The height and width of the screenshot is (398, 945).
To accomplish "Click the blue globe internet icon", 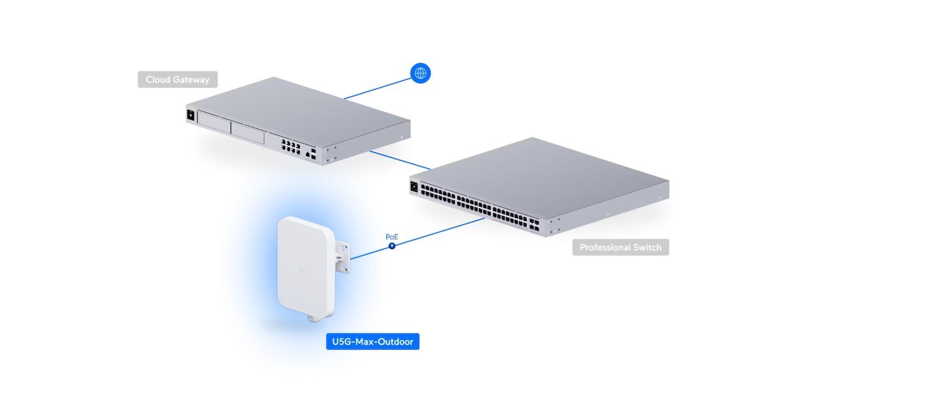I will pyautogui.click(x=420, y=73).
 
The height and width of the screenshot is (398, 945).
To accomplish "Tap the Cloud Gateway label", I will pyautogui.click(x=178, y=79).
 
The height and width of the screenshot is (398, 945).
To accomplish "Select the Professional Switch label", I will pyautogui.click(x=621, y=247).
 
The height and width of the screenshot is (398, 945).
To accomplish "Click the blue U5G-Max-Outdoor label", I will pyautogui.click(x=373, y=342).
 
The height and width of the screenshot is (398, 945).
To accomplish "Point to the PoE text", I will pyautogui.click(x=392, y=237).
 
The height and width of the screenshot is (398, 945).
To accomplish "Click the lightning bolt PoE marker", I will pyautogui.click(x=392, y=245).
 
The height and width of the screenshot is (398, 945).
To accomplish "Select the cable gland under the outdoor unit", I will pyautogui.click(x=312, y=319).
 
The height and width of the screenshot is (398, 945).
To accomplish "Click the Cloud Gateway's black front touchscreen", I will pyautogui.click(x=190, y=115).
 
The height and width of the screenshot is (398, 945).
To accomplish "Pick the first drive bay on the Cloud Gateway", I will pyautogui.click(x=214, y=122).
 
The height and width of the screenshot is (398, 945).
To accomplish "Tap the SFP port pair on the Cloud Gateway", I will pyautogui.click(x=314, y=154).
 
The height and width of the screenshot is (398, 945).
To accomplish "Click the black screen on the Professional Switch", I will pyautogui.click(x=414, y=186).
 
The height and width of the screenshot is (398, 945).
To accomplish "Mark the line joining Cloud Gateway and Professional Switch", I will pyautogui.click(x=401, y=160).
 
